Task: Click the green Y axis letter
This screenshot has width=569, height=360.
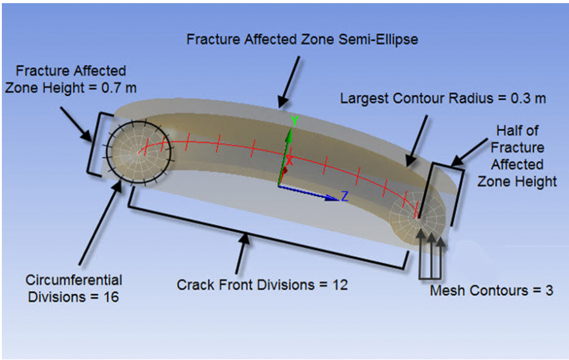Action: point(293,120)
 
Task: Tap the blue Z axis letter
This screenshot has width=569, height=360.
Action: point(345,196)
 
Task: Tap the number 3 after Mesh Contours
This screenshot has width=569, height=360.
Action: point(549,291)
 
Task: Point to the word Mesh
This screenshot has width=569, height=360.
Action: point(443,291)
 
